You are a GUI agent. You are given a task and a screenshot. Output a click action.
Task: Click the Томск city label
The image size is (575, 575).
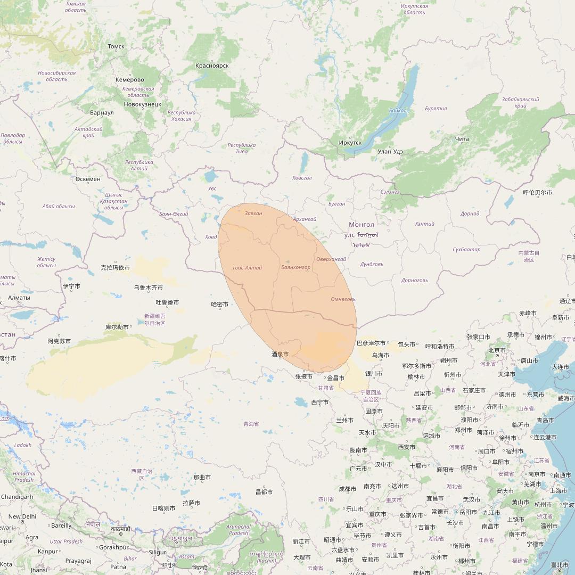point(116,46)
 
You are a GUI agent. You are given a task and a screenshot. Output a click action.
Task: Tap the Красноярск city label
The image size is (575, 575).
point(212,65)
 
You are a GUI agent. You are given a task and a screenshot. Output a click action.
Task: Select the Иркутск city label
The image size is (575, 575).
point(350,143)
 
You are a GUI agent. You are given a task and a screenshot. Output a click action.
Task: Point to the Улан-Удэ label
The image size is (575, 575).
point(390,151)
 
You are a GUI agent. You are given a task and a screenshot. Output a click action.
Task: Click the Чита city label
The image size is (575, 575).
point(462,139)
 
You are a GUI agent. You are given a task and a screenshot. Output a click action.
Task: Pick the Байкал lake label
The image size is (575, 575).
point(398,111)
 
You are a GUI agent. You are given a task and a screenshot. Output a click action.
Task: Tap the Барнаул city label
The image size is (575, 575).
point(102,113)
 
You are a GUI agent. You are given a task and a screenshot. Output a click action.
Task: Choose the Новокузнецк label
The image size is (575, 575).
point(142,104)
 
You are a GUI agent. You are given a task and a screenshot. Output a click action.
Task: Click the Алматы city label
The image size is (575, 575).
point(19,297)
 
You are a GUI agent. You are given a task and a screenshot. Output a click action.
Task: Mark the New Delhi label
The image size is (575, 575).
point(22,516)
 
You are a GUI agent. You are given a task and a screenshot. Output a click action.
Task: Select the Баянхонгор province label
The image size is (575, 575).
point(295,267)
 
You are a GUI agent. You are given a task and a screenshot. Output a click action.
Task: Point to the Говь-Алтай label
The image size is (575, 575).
point(248,267)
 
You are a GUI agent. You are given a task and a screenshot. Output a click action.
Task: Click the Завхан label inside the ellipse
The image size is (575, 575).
point(253,213)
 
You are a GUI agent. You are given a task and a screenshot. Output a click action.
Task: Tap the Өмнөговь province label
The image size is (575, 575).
point(343,299)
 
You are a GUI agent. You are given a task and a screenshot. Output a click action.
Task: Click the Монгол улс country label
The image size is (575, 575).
point(363,229)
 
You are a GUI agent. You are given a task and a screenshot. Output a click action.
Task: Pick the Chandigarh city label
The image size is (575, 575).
point(17,497)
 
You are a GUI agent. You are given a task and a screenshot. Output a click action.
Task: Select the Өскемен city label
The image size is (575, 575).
point(88,179)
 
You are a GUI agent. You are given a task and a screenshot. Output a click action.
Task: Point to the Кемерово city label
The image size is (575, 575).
point(129,80)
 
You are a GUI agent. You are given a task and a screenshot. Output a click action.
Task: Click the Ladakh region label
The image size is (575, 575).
point(23,445)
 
